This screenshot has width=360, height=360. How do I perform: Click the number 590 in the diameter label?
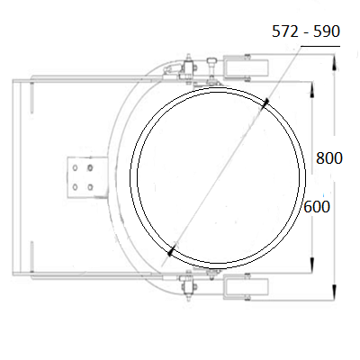pyautogui.click(x=327, y=31)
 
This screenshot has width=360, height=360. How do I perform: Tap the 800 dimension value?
pyautogui.click(x=329, y=158)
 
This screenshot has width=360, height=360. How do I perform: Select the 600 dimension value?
pyautogui.click(x=317, y=207)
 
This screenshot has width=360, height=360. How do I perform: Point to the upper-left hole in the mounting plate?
pyautogui.click(x=75, y=168)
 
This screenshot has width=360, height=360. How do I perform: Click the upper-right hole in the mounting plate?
pyautogui.click(x=90, y=168)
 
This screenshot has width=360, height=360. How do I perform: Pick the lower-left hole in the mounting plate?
pyautogui.click(x=75, y=187)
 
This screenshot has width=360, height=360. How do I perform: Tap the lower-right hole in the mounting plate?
pyautogui.click(x=90, y=187)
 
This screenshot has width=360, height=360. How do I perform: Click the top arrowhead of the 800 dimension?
pyautogui.click(x=334, y=62)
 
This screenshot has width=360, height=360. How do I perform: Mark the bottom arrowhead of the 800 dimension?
pyautogui.click(x=334, y=292)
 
